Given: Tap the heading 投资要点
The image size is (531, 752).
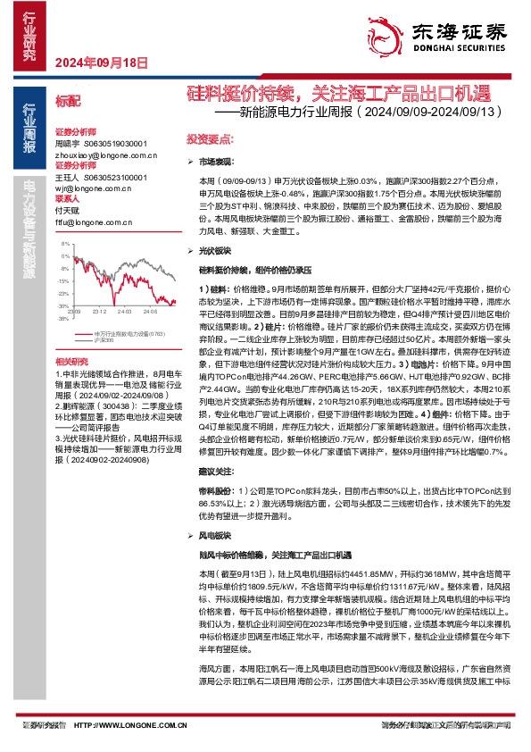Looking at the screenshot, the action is pyautogui.click(x=210, y=140).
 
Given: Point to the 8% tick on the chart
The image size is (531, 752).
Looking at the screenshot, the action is pyautogui.click(x=65, y=243).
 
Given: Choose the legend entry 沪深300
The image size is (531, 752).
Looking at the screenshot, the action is pyautogui.click(x=104, y=339).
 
